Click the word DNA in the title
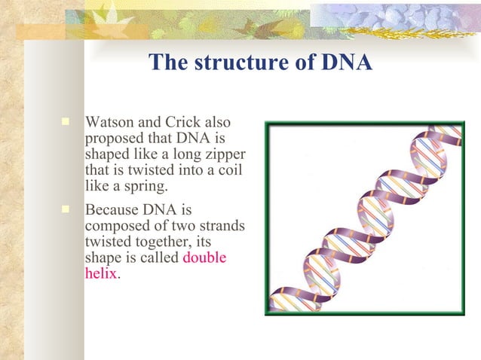click(x=345, y=63)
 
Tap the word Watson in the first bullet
click(x=109, y=122)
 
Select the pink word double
click(x=205, y=257)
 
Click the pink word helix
click(x=100, y=273)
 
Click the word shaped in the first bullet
click(x=107, y=154)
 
